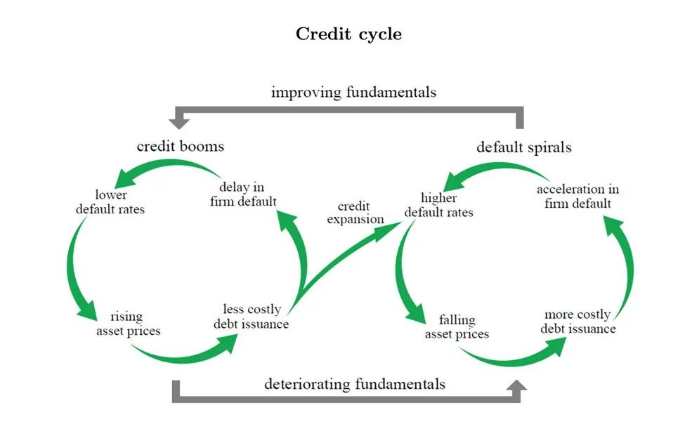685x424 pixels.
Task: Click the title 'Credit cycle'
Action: click(x=348, y=34)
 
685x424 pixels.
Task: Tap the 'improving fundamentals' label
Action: click(x=353, y=92)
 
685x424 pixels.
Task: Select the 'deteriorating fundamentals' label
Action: click(x=354, y=384)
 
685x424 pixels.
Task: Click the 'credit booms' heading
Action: click(x=180, y=146)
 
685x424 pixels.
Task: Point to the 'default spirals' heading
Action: click(x=523, y=147)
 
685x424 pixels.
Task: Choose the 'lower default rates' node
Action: click(x=111, y=201)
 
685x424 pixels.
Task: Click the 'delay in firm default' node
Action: click(x=242, y=194)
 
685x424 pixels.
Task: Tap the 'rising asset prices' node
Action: click(x=128, y=324)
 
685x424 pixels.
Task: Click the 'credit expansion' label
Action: click(x=355, y=213)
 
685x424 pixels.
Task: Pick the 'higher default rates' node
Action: click(x=439, y=204)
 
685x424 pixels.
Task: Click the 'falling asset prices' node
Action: click(x=457, y=327)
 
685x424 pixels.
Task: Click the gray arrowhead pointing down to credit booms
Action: click(x=180, y=123)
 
